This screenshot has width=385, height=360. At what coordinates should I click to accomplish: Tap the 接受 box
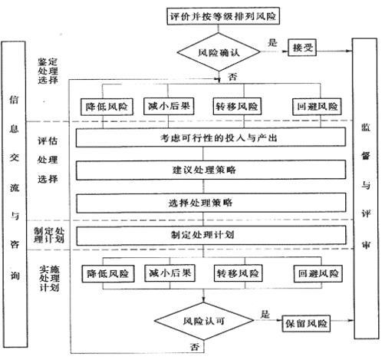(x=305, y=48)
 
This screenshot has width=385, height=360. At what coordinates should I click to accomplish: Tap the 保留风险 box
(x=307, y=323)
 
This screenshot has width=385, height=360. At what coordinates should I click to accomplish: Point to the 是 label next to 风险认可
(x=265, y=314)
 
